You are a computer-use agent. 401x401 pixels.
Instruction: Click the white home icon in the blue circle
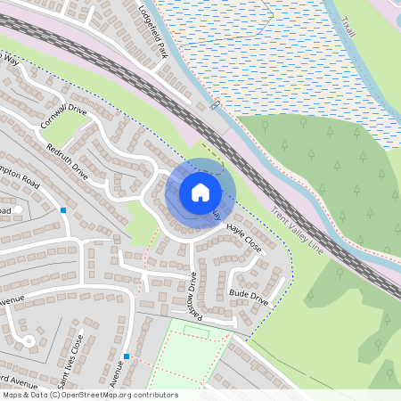pos(200,192)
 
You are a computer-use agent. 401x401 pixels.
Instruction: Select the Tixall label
pos(348,20)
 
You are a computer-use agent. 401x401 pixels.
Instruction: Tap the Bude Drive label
pos(249,294)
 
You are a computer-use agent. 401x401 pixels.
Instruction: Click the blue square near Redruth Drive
pos(63,210)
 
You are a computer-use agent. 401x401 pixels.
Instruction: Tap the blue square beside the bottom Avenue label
pos(127,357)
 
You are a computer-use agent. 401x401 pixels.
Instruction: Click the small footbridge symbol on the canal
pos(215,104)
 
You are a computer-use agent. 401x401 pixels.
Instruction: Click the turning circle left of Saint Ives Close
pos(29,340)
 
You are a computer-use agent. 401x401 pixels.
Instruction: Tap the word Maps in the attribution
pos(12,395)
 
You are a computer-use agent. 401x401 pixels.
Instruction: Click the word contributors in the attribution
pos(154,395)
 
